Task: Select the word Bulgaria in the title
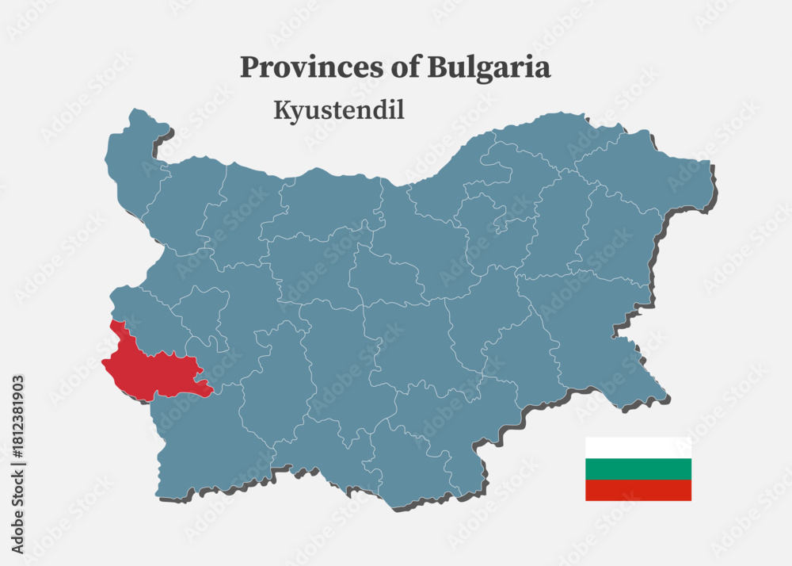[x=489, y=68]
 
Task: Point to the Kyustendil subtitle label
[x=339, y=110]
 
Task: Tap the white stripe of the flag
[x=638, y=447]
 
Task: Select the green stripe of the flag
[x=638, y=468]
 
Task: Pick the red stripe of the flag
[x=638, y=490]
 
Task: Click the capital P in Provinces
[x=249, y=68]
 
